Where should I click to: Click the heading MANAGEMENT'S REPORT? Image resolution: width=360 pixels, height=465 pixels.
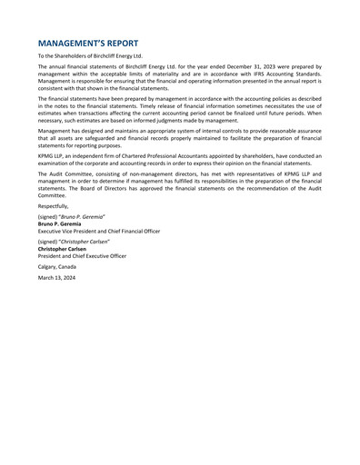coord(102,43)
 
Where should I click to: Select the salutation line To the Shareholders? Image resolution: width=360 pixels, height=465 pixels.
coord(90,56)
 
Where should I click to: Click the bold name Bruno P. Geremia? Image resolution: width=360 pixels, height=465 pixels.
coord(59,224)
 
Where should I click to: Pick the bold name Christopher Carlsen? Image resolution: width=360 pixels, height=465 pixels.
coord(62,250)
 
